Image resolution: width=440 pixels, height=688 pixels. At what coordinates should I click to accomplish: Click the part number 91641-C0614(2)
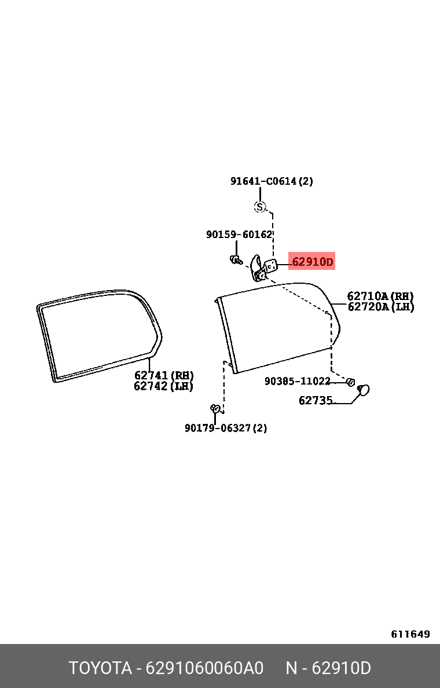point(272,181)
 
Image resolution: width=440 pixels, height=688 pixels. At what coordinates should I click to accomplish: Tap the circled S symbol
point(260,206)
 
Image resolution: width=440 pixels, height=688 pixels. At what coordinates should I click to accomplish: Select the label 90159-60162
point(240,235)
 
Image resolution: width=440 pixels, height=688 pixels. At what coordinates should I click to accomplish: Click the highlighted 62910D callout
point(312,262)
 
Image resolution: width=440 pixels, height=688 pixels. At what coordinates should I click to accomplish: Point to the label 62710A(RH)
point(380,296)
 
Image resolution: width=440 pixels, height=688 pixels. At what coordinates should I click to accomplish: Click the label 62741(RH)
point(164,375)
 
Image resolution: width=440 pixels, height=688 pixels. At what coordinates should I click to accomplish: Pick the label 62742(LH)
point(163,386)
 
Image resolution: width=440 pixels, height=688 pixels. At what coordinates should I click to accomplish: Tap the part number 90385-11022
point(298,381)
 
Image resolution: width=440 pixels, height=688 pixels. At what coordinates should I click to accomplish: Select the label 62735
point(316,400)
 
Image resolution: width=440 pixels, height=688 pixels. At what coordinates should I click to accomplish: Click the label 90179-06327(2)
point(226,428)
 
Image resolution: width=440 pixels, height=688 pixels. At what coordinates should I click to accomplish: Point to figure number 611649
point(410,634)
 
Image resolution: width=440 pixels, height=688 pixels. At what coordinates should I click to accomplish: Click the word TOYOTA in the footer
point(101,668)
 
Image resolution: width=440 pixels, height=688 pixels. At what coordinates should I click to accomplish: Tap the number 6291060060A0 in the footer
point(204,668)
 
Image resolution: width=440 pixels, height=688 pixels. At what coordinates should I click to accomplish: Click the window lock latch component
point(263,267)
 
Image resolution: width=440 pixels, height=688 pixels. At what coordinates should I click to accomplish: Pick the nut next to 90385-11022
point(350,382)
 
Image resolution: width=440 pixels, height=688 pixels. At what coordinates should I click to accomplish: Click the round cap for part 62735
point(364,390)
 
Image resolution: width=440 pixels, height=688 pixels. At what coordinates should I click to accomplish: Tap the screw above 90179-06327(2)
point(215,409)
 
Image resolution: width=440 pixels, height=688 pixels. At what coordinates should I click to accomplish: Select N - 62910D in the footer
point(329,668)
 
